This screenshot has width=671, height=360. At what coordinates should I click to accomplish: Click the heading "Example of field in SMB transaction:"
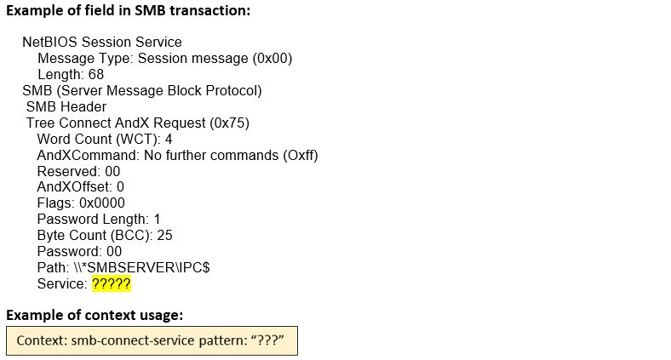point(128,12)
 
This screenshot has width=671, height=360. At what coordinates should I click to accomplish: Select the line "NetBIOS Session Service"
point(101,42)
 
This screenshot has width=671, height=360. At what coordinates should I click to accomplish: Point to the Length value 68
point(95,74)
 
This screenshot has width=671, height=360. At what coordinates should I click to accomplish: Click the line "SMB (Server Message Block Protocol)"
point(141,90)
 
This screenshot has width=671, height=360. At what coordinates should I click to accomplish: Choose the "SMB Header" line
point(66,106)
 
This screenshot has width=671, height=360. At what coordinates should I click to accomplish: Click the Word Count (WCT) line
point(105,139)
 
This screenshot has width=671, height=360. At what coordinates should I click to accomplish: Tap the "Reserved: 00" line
point(78,171)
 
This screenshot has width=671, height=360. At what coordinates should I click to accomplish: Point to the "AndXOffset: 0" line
point(80,186)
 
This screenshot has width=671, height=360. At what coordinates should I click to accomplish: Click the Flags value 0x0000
point(101,203)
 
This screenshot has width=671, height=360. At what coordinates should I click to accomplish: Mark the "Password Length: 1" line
point(99,219)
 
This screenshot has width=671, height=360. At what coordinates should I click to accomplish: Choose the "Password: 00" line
point(79,251)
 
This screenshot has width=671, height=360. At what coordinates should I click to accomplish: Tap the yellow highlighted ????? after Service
point(111,283)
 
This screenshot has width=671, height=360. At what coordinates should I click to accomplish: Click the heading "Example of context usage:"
point(95,315)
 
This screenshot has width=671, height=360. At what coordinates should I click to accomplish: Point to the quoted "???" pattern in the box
point(264,340)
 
